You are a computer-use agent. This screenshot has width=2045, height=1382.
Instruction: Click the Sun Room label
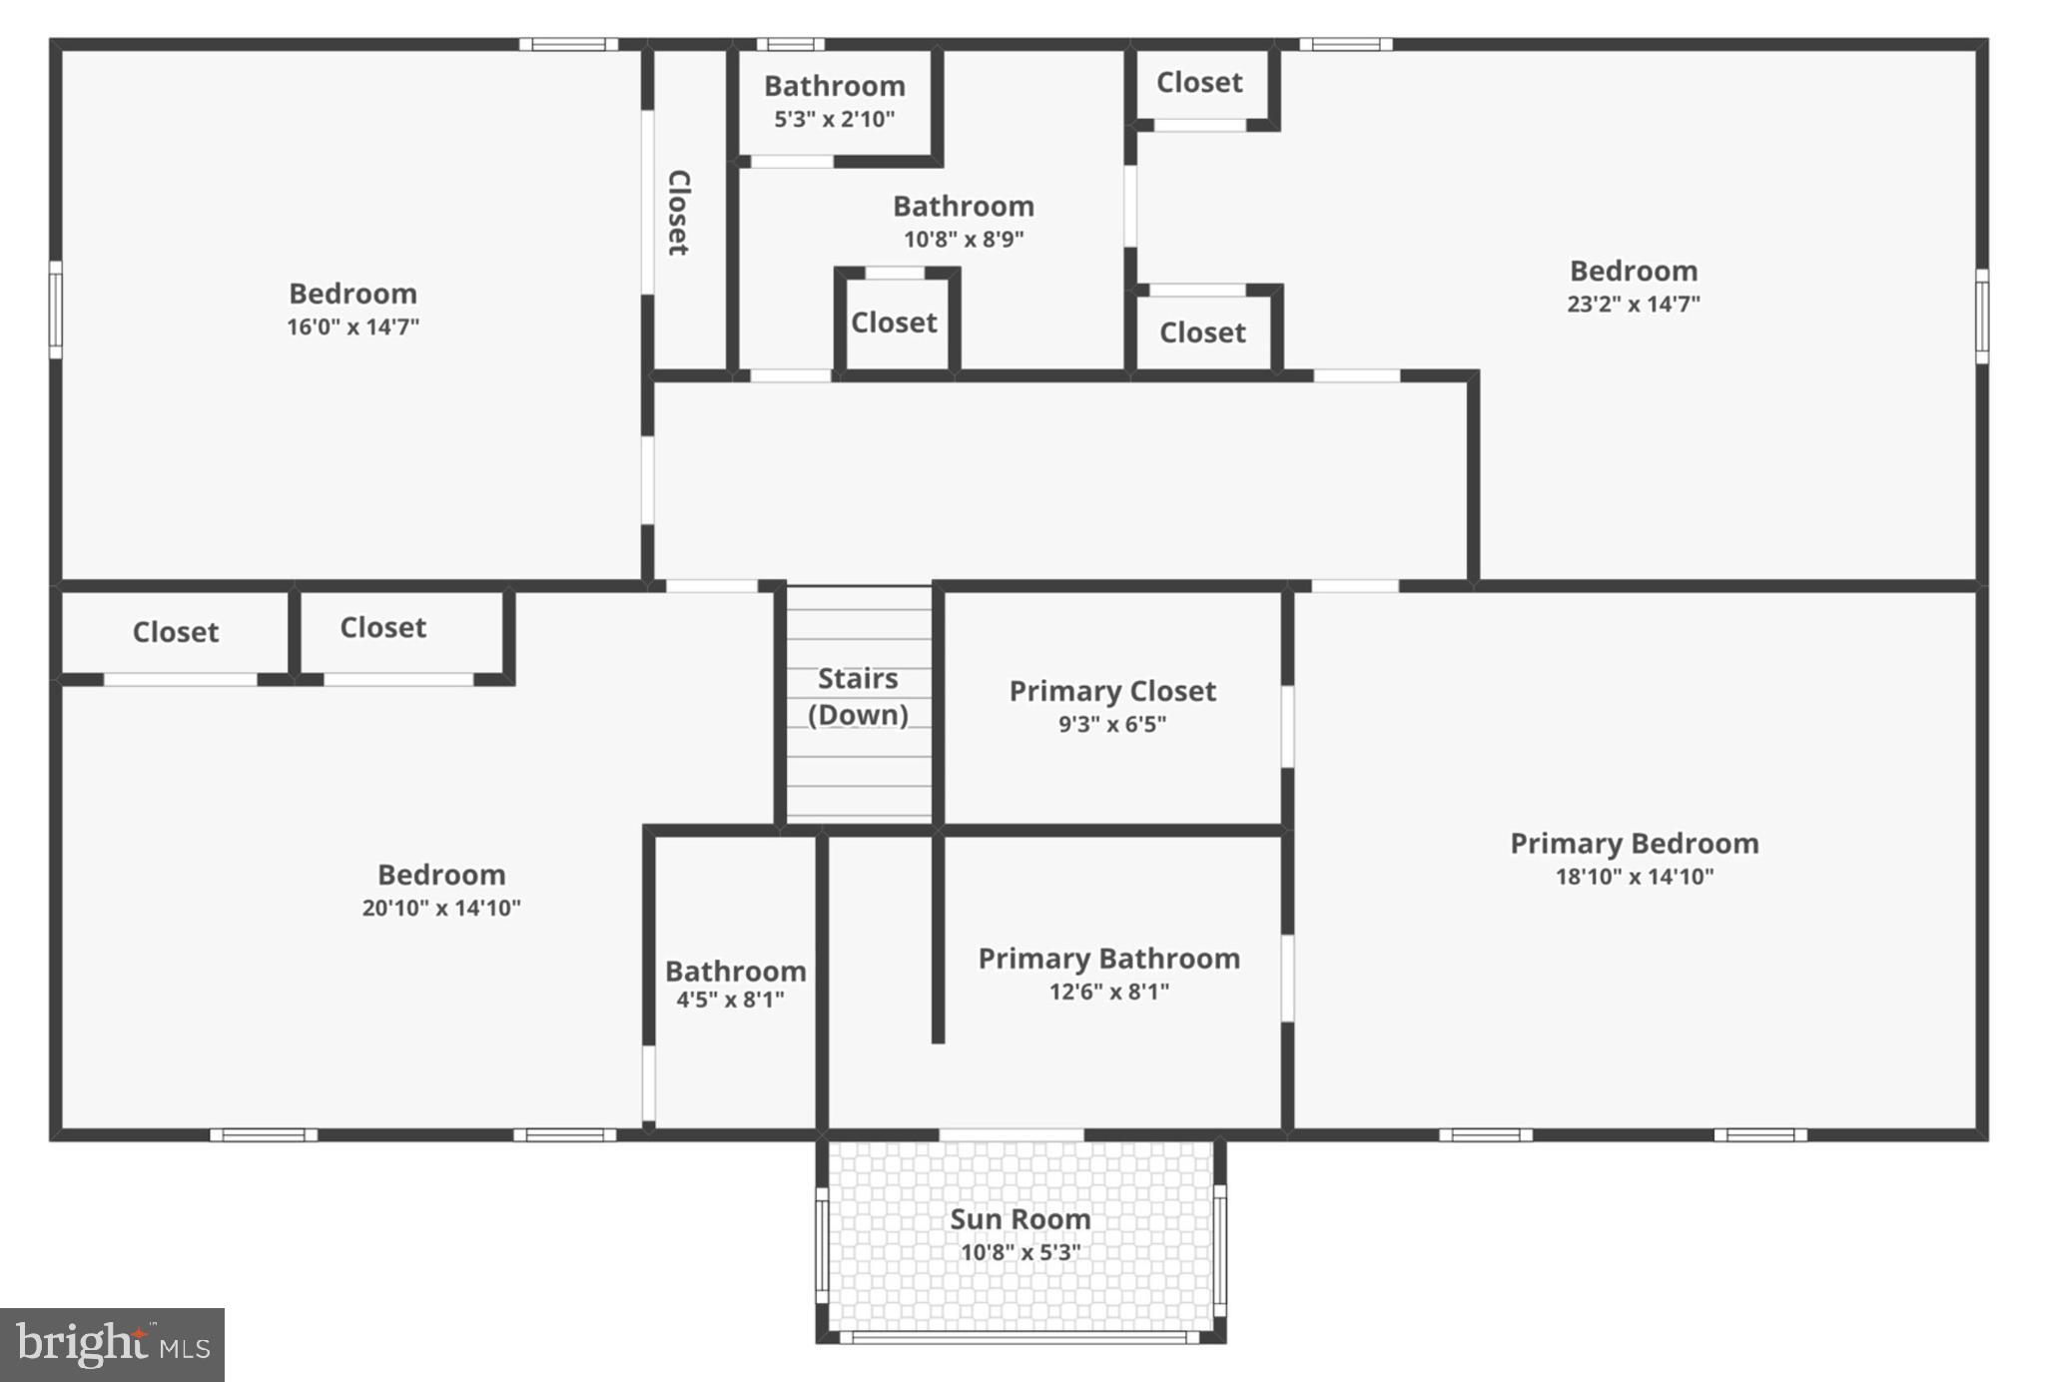(x=1020, y=1219)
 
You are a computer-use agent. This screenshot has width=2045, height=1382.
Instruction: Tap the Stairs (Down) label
(x=858, y=697)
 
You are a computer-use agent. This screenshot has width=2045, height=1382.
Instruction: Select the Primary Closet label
(x=1112, y=691)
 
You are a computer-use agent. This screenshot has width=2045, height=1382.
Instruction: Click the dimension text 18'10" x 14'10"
(x=1634, y=877)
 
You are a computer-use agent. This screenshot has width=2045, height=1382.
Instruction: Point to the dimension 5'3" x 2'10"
(x=834, y=120)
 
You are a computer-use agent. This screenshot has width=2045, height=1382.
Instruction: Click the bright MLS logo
(x=112, y=1345)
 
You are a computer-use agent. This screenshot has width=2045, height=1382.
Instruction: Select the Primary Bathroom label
(x=1108, y=959)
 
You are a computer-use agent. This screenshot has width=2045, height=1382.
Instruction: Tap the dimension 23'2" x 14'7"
(x=1633, y=305)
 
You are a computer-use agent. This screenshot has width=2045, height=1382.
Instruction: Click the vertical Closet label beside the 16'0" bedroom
(x=679, y=213)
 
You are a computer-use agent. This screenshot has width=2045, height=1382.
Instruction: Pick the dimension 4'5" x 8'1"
(x=730, y=1000)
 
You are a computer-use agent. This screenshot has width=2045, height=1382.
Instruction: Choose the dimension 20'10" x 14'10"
(x=440, y=908)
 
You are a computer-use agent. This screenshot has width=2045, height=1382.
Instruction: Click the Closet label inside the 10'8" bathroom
(x=894, y=323)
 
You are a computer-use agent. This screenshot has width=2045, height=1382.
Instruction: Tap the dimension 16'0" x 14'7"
(x=352, y=327)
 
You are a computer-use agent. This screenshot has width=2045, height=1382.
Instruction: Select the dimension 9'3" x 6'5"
(x=1112, y=724)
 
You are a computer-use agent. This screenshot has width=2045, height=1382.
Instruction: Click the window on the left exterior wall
(x=56, y=310)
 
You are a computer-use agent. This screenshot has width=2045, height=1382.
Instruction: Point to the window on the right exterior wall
(x=1982, y=316)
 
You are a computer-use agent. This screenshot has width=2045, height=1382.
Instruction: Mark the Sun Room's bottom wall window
(x=1020, y=1337)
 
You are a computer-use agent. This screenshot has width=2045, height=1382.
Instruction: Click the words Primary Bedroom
(x=1634, y=844)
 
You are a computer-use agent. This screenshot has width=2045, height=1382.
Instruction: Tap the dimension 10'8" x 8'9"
(x=964, y=240)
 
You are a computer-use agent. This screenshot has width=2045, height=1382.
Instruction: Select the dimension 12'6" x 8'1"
(x=1108, y=992)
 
